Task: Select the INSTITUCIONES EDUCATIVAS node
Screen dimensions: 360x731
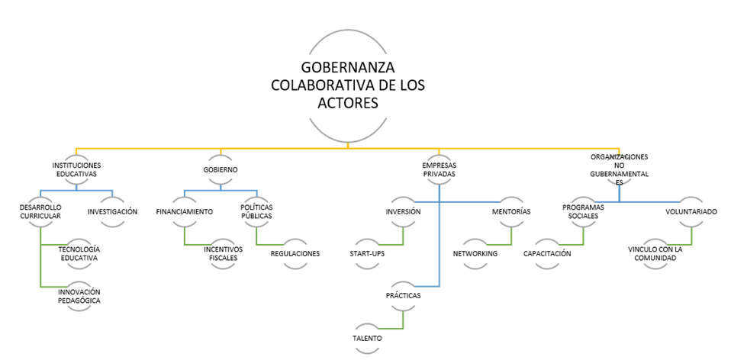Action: pyautogui.click(x=76, y=169)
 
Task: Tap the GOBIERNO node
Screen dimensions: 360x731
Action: pyautogui.click(x=221, y=169)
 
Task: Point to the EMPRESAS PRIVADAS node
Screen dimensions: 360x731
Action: pyautogui.click(x=439, y=169)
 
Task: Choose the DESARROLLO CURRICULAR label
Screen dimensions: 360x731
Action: pyautogui.click(x=40, y=211)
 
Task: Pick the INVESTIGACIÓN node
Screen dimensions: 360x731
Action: pyautogui.click(x=112, y=211)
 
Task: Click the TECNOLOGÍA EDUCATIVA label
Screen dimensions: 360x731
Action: pyautogui.click(x=79, y=253)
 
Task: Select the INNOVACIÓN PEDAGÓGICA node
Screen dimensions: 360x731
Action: pyautogui.click(x=79, y=296)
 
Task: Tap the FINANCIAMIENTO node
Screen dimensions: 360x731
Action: pyautogui.click(x=184, y=211)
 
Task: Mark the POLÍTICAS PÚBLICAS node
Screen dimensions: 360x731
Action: pyautogui.click(x=256, y=211)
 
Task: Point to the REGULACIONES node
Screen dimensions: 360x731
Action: pyautogui.click(x=295, y=253)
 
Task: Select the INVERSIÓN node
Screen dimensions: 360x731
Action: pyautogui.click(x=403, y=211)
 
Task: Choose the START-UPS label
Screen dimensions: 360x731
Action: pyautogui.click(x=367, y=253)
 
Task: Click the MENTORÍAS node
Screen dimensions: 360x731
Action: pyautogui.click(x=510, y=211)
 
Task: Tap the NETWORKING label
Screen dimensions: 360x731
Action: pyautogui.click(x=475, y=253)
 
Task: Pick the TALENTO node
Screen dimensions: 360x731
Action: pyautogui.click(x=367, y=338)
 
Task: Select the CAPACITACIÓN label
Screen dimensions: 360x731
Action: pyautogui.click(x=547, y=253)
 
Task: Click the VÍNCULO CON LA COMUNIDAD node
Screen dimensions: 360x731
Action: pyautogui.click(x=655, y=253)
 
